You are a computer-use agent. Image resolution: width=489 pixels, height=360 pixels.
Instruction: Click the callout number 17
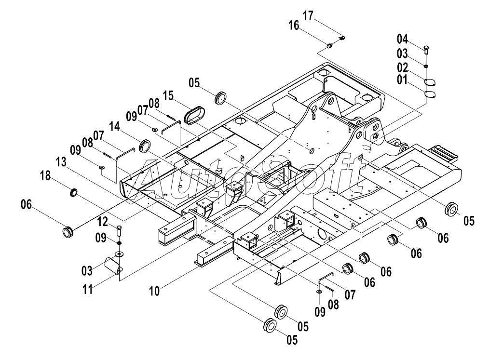point(308,15)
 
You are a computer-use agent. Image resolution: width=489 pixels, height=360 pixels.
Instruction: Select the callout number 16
point(294,25)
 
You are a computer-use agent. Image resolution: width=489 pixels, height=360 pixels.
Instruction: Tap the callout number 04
point(402,39)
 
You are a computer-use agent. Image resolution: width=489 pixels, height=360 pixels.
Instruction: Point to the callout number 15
point(168,96)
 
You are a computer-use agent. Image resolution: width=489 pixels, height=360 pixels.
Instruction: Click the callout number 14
point(115,127)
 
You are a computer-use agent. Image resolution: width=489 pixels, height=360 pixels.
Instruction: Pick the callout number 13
point(61,162)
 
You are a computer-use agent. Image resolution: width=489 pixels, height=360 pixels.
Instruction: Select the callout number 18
point(45,175)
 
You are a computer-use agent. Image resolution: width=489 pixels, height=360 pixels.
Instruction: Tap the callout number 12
point(103,222)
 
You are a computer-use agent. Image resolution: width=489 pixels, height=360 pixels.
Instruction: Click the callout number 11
point(88,289)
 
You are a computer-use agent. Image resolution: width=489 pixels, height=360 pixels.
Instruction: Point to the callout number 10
point(154,291)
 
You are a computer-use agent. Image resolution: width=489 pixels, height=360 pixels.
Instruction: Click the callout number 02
point(402,67)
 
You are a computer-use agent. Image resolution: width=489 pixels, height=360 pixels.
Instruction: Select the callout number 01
point(402,80)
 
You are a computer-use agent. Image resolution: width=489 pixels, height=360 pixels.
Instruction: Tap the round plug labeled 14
point(145,146)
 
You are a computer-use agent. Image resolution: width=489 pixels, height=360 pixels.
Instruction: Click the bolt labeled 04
point(426,50)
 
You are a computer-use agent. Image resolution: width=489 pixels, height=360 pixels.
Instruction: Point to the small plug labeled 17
point(342,38)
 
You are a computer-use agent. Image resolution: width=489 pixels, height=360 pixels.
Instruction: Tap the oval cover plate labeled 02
point(430,82)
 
